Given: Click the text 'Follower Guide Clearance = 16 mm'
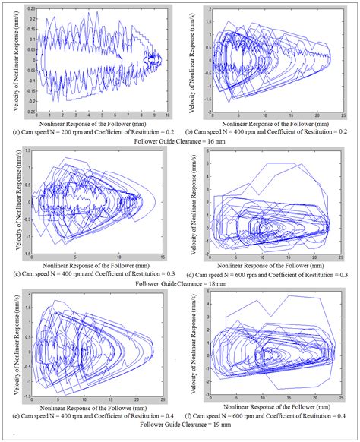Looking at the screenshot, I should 179,142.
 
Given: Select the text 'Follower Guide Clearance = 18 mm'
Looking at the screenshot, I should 178,283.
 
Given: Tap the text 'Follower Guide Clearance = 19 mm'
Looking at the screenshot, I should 179,426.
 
